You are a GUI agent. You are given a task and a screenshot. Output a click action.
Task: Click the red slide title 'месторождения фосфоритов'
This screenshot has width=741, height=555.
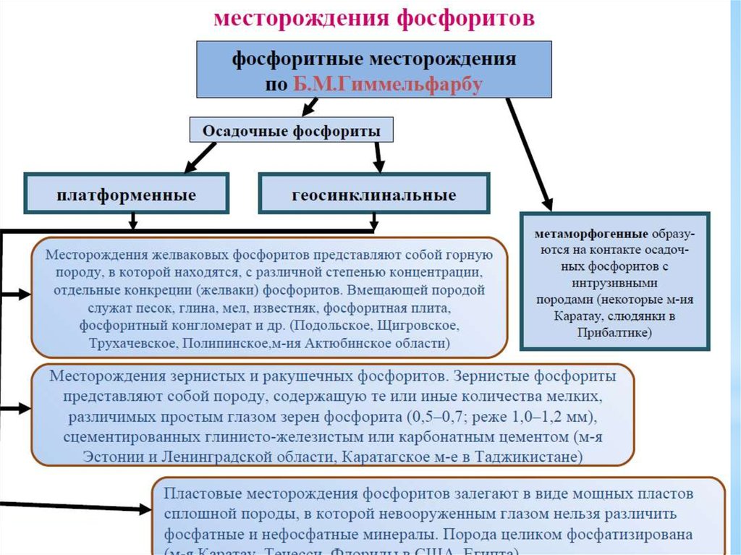tap(374, 17)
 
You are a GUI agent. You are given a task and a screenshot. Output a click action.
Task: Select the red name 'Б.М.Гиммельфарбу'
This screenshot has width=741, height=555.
tap(387, 84)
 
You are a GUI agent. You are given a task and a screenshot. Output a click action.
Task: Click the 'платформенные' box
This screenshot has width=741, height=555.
tap(127, 195)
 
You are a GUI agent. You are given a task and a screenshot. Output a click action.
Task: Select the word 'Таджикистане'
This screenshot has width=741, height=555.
tap(543, 457)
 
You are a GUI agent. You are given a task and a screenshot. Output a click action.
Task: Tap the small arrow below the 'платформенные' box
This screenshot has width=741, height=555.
tap(133, 221)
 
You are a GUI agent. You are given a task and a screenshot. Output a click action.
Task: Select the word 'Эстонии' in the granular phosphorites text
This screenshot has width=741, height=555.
tap(111, 457)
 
